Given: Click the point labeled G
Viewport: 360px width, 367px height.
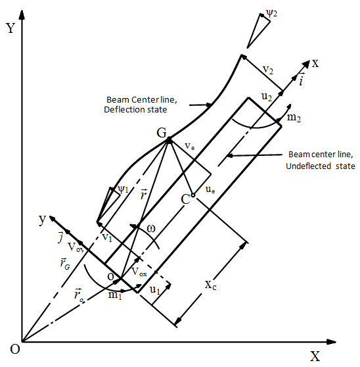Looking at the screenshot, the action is [x=169, y=141].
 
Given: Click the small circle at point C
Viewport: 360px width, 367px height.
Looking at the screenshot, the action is [x=193, y=195].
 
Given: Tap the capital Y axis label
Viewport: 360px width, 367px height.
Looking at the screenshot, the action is [x=11, y=28].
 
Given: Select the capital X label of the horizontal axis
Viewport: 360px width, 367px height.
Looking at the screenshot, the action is [x=315, y=356].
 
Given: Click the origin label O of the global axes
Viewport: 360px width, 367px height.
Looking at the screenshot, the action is [x=15, y=349].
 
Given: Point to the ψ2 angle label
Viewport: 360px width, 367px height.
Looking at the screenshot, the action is [x=271, y=13].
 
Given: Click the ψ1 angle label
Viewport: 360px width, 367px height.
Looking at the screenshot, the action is [x=123, y=189].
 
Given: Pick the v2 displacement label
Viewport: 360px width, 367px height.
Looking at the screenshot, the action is [x=268, y=70].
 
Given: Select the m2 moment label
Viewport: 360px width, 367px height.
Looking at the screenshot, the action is [x=294, y=117].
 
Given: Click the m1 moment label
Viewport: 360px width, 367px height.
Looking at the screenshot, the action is [x=115, y=295].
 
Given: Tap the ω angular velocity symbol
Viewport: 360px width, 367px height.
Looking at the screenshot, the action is [x=151, y=229].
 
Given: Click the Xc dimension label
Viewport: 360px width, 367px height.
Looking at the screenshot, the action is [x=210, y=285].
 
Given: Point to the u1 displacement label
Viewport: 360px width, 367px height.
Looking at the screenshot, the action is [x=155, y=290].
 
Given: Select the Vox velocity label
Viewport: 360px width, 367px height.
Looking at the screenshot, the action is [x=139, y=272].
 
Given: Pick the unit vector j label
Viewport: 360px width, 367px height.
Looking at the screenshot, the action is [x=61, y=237].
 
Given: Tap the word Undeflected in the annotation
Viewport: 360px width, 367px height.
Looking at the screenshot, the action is [x=308, y=166].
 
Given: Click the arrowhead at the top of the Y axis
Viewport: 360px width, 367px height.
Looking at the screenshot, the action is [x=22, y=14].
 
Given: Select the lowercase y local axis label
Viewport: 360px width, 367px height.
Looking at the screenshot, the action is [x=42, y=219].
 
